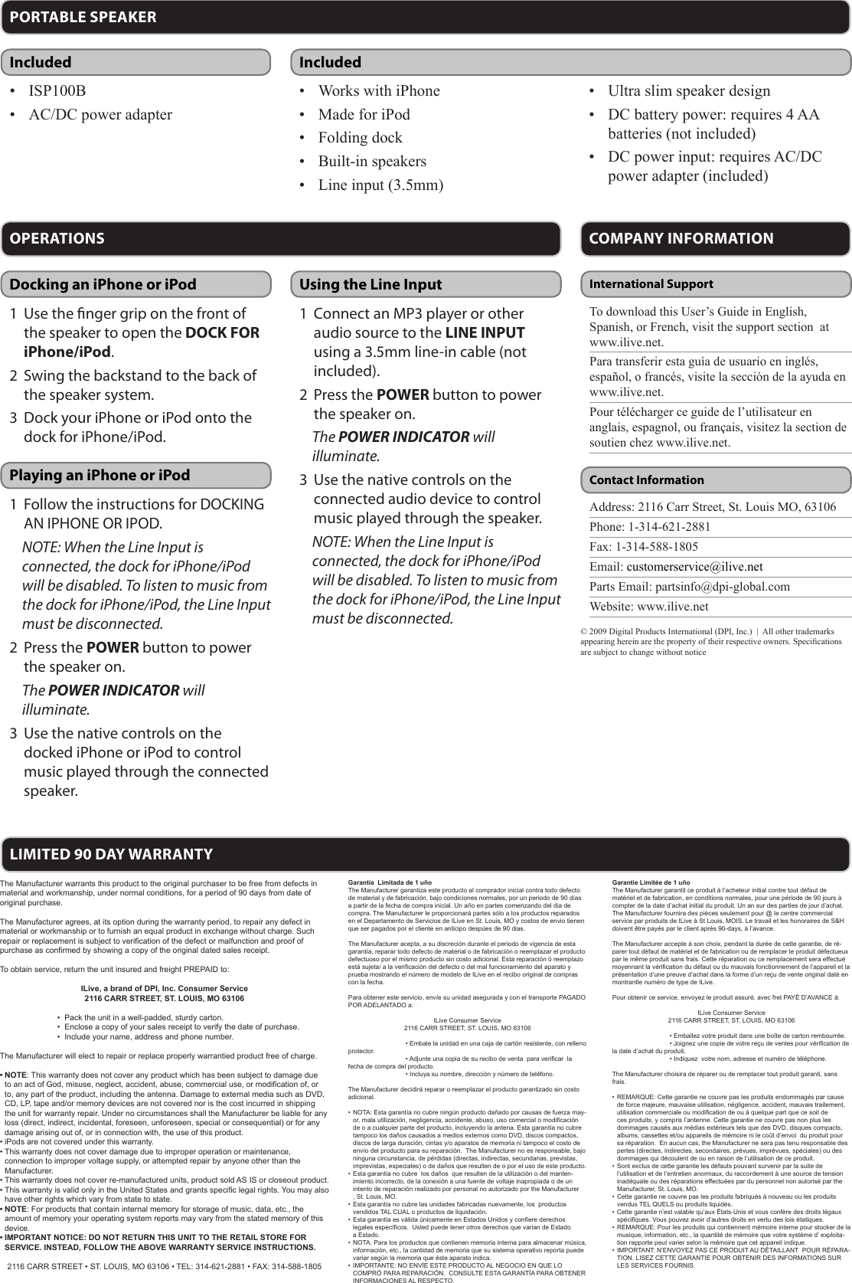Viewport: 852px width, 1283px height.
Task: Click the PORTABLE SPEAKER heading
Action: pos(83,17)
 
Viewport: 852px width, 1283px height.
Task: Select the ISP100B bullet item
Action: pos(57,91)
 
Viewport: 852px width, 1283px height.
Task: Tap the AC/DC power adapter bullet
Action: pos(100,115)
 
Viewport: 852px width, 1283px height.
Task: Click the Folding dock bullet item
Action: pos(360,138)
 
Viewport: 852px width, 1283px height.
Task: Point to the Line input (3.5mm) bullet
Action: pos(380,185)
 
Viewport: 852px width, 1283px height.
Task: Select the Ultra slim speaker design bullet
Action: pos(689,91)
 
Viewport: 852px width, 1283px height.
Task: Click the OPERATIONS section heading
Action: pos(57,238)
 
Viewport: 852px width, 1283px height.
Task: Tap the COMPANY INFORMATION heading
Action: pos(681,238)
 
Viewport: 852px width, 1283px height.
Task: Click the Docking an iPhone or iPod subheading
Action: pos(103,284)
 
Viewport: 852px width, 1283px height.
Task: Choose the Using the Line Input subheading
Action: pos(371,284)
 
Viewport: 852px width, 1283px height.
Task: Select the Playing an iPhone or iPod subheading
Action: pos(100,475)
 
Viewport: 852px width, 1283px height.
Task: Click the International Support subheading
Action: pos(651,284)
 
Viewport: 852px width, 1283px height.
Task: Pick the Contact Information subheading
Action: pos(646,480)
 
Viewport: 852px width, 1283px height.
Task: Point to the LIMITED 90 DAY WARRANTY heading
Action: pos(111,854)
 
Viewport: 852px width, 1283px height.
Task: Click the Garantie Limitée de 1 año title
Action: pos(651,882)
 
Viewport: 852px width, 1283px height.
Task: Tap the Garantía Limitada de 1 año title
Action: pos(389,882)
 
